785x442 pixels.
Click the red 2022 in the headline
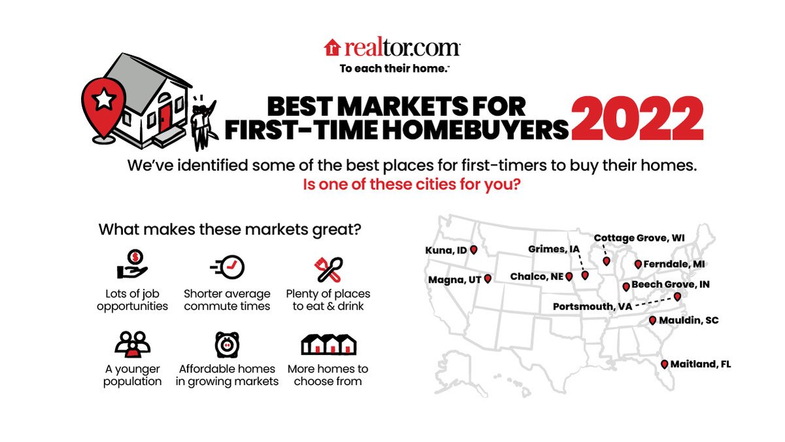637,119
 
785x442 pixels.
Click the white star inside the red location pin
103,100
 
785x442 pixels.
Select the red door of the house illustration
164,117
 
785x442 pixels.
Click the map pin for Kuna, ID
474,250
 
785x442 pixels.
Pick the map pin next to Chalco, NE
569,277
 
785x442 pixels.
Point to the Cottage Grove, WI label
639,238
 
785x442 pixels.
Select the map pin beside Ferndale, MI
638,265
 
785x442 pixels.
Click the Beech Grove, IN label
671,285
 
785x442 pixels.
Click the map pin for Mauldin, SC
652,320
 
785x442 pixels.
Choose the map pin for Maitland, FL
664,365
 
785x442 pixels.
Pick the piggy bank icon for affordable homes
227,344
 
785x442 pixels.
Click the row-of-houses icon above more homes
328,345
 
